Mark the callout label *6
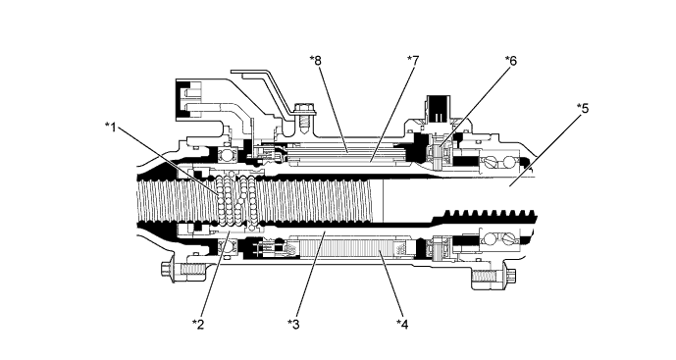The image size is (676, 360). click(x=510, y=61)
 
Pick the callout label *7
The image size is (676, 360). click(x=413, y=61)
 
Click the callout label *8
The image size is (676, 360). click(x=315, y=61)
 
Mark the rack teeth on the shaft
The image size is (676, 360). click(x=491, y=214)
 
